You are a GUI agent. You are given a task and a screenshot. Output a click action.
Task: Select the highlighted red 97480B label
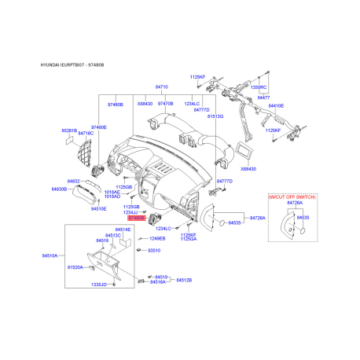pos(149,217)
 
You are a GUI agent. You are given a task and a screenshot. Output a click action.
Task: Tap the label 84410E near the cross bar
pos(276,105)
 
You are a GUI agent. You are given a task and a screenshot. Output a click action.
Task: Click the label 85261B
pos(70,130)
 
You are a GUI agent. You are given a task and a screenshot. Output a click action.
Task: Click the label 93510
pos(153,251)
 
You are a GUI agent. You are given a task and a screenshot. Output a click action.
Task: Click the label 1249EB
pos(157,238)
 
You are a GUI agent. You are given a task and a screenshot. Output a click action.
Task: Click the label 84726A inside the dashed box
pos(294,203)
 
